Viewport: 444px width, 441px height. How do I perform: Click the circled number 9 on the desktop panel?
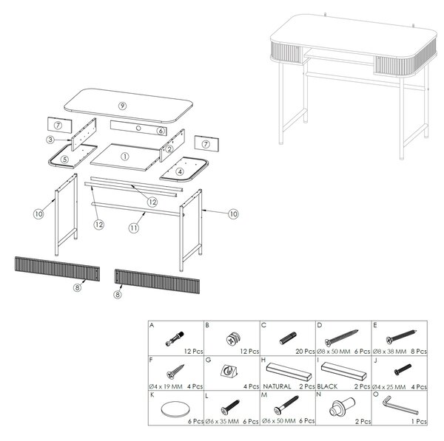(x=122, y=106)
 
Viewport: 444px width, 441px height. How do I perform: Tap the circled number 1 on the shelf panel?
(x=125, y=157)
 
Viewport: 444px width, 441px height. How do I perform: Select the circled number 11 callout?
(x=134, y=228)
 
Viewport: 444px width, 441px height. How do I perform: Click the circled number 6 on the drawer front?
(x=161, y=131)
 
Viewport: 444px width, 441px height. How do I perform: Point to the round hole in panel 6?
(x=138, y=128)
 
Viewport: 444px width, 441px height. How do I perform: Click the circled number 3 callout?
(x=50, y=140)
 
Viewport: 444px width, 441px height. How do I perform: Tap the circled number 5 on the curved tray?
(x=65, y=160)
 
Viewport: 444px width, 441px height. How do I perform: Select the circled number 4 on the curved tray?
(x=180, y=171)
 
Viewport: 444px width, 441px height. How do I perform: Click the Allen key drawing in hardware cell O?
(x=400, y=405)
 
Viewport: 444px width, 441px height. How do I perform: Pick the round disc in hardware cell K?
(x=175, y=408)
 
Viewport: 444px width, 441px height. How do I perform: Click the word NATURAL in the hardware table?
(x=277, y=386)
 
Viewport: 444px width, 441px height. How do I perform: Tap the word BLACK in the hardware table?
(x=328, y=386)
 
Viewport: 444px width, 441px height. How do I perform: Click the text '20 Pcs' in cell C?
(x=305, y=352)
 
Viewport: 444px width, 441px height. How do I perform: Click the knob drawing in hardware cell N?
(x=342, y=407)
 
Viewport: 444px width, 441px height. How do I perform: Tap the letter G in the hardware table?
(x=208, y=360)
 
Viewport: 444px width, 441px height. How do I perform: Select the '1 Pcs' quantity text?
(x=419, y=422)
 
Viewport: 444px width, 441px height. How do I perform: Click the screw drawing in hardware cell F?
(x=175, y=372)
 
